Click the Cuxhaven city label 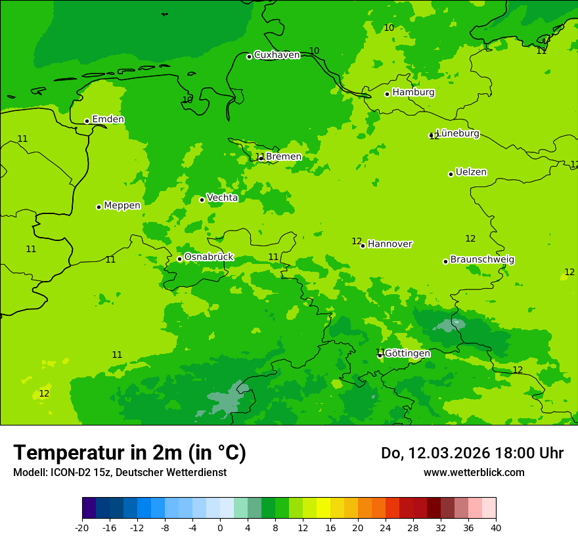point(277,55)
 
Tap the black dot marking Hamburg point(388,94)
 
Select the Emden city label point(108,120)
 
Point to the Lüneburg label point(458,133)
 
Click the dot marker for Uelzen point(451,174)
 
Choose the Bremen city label point(283,157)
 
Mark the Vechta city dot point(202,200)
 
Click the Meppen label point(122,206)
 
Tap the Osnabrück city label point(208,257)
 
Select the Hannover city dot point(363,246)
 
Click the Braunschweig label point(482,259)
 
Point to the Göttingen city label point(407,353)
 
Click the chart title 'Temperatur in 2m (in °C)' point(129,453)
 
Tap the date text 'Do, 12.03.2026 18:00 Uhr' point(472,453)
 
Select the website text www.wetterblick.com point(474,473)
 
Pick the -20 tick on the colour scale point(82,527)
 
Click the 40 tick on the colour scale point(496,527)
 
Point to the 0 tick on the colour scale point(220,527)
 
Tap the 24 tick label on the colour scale point(386,527)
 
